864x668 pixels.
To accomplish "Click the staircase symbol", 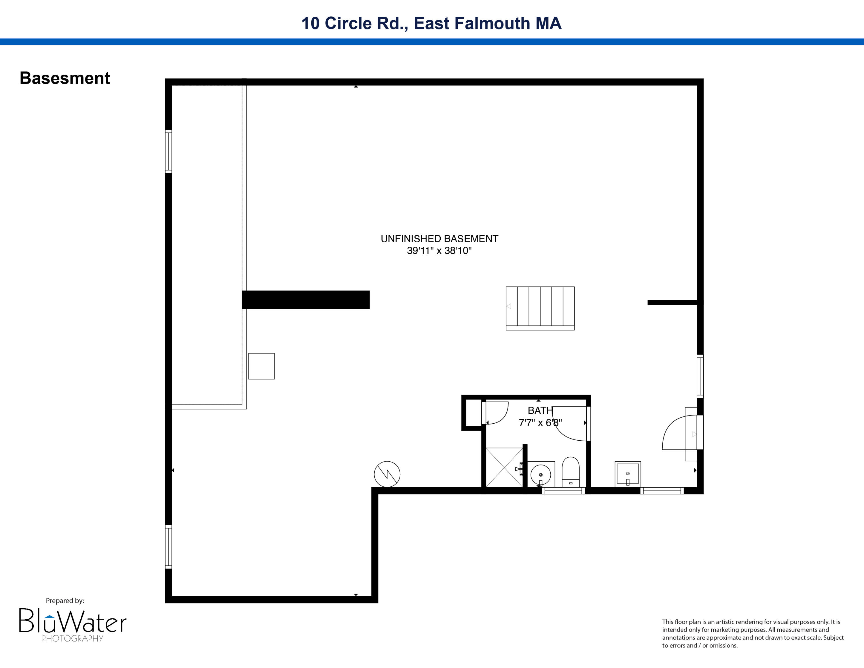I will [540, 308].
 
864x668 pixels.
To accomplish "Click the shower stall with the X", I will [504, 468].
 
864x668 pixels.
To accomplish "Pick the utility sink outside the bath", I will [628, 474].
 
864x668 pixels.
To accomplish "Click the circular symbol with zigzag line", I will [387, 474].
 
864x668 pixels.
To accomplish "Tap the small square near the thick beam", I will [261, 366].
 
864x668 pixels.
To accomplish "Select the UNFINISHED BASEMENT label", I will [439, 239].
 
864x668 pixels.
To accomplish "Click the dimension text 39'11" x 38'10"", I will [439, 250].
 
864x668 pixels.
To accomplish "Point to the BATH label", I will [540, 410].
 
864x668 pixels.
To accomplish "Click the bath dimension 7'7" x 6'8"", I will [540, 423].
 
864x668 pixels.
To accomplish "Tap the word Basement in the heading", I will [65, 78].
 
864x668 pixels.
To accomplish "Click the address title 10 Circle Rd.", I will [431, 23].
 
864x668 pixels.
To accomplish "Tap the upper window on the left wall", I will [168, 151].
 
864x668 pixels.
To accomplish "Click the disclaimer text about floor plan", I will [753, 634].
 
